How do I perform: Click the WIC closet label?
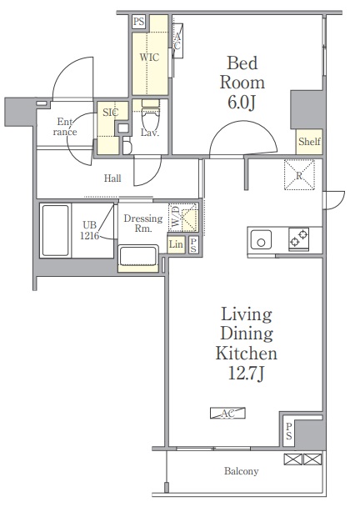tap(149, 58)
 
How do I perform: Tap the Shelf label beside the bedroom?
tap(309, 142)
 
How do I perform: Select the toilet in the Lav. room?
tap(151, 116)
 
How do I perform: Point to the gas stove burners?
tap(299, 238)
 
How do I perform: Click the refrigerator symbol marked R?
tap(299, 174)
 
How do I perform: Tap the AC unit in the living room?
tap(227, 413)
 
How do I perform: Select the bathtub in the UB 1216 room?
tap(55, 230)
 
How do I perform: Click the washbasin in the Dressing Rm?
tap(138, 255)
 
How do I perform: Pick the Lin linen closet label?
tap(176, 244)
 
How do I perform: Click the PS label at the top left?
tap(138, 22)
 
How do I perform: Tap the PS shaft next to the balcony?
tap(288, 431)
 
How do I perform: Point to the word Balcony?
tap(242, 471)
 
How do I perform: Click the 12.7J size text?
tap(247, 374)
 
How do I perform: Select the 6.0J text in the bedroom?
tap(242, 103)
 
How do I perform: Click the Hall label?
tap(112, 178)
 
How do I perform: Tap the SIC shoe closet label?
tap(111, 113)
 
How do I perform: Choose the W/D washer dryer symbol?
tap(182, 218)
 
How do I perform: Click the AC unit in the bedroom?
tap(177, 41)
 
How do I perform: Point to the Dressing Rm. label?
tap(143, 223)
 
